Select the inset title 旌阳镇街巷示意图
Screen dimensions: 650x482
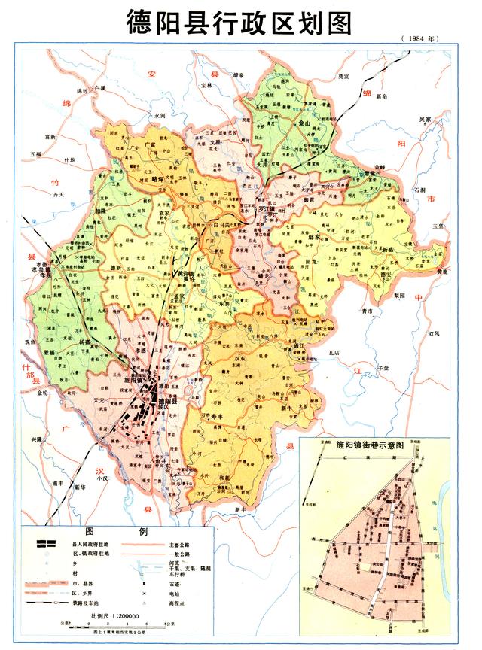[374, 445]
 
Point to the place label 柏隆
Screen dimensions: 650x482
[100, 211]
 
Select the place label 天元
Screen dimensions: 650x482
[98, 404]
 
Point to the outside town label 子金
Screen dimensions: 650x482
[383, 368]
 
